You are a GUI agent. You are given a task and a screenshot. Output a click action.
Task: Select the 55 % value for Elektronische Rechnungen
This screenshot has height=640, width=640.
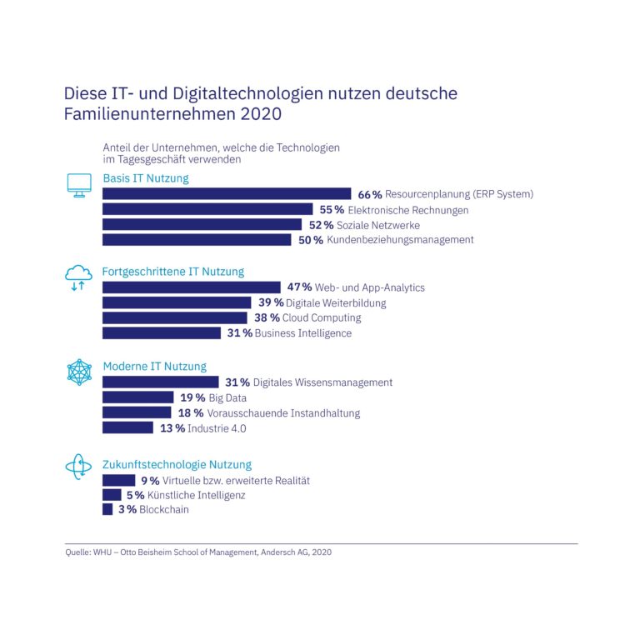click(332, 210)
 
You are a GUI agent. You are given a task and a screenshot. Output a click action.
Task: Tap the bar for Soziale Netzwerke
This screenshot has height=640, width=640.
click(202, 225)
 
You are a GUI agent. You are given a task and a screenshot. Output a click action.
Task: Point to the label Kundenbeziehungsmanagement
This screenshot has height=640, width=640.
click(400, 240)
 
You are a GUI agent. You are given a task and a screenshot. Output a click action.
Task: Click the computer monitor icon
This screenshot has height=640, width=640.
click(79, 185)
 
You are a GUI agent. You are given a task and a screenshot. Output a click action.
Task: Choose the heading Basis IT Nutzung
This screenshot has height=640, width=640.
click(146, 178)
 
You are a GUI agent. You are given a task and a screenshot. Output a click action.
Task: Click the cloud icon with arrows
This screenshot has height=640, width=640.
click(78, 277)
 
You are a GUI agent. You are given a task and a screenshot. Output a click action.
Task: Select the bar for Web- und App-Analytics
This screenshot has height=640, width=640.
click(191, 287)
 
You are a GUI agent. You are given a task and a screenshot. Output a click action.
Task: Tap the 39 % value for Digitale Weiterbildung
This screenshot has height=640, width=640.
click(271, 302)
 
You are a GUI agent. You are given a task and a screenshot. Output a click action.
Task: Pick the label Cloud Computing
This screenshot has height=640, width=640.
click(322, 317)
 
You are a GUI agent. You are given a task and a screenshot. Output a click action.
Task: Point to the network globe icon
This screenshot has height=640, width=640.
click(79, 372)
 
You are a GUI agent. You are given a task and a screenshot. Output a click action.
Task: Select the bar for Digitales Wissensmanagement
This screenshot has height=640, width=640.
click(160, 382)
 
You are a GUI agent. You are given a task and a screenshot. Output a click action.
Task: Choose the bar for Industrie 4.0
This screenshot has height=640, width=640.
click(127, 428)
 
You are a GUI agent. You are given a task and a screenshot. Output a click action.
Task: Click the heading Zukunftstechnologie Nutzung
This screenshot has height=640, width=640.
click(177, 465)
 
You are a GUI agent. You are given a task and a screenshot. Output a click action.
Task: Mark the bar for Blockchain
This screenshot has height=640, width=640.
click(107, 509)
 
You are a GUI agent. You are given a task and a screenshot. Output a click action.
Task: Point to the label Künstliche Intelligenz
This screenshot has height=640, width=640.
click(192, 495)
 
